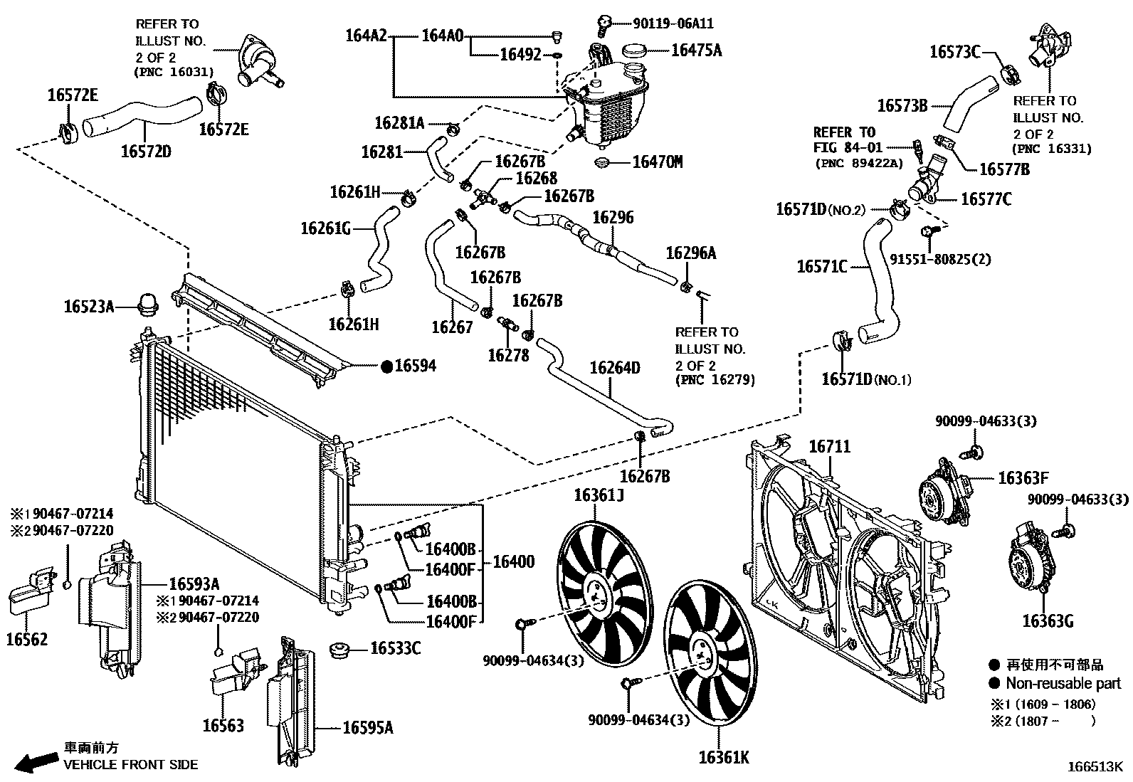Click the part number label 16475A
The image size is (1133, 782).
coord(696,50)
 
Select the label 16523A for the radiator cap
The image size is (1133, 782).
coord(89,307)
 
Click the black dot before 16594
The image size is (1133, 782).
coord(387,366)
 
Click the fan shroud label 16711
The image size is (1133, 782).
coord(829,447)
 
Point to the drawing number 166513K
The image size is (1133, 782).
coord(1093,768)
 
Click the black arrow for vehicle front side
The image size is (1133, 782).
coord(37,762)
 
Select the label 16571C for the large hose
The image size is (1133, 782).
coord(822,267)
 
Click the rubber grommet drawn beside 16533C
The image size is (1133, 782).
coord(340,650)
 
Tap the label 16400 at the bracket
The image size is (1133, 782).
coord(513,562)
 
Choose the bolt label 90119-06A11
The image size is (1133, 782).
coord(673,23)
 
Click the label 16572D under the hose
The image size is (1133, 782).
coord(146,151)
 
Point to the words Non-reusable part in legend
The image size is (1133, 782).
coord(1063,684)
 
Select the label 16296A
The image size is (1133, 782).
coord(690,253)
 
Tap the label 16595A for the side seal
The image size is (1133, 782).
coord(368,727)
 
